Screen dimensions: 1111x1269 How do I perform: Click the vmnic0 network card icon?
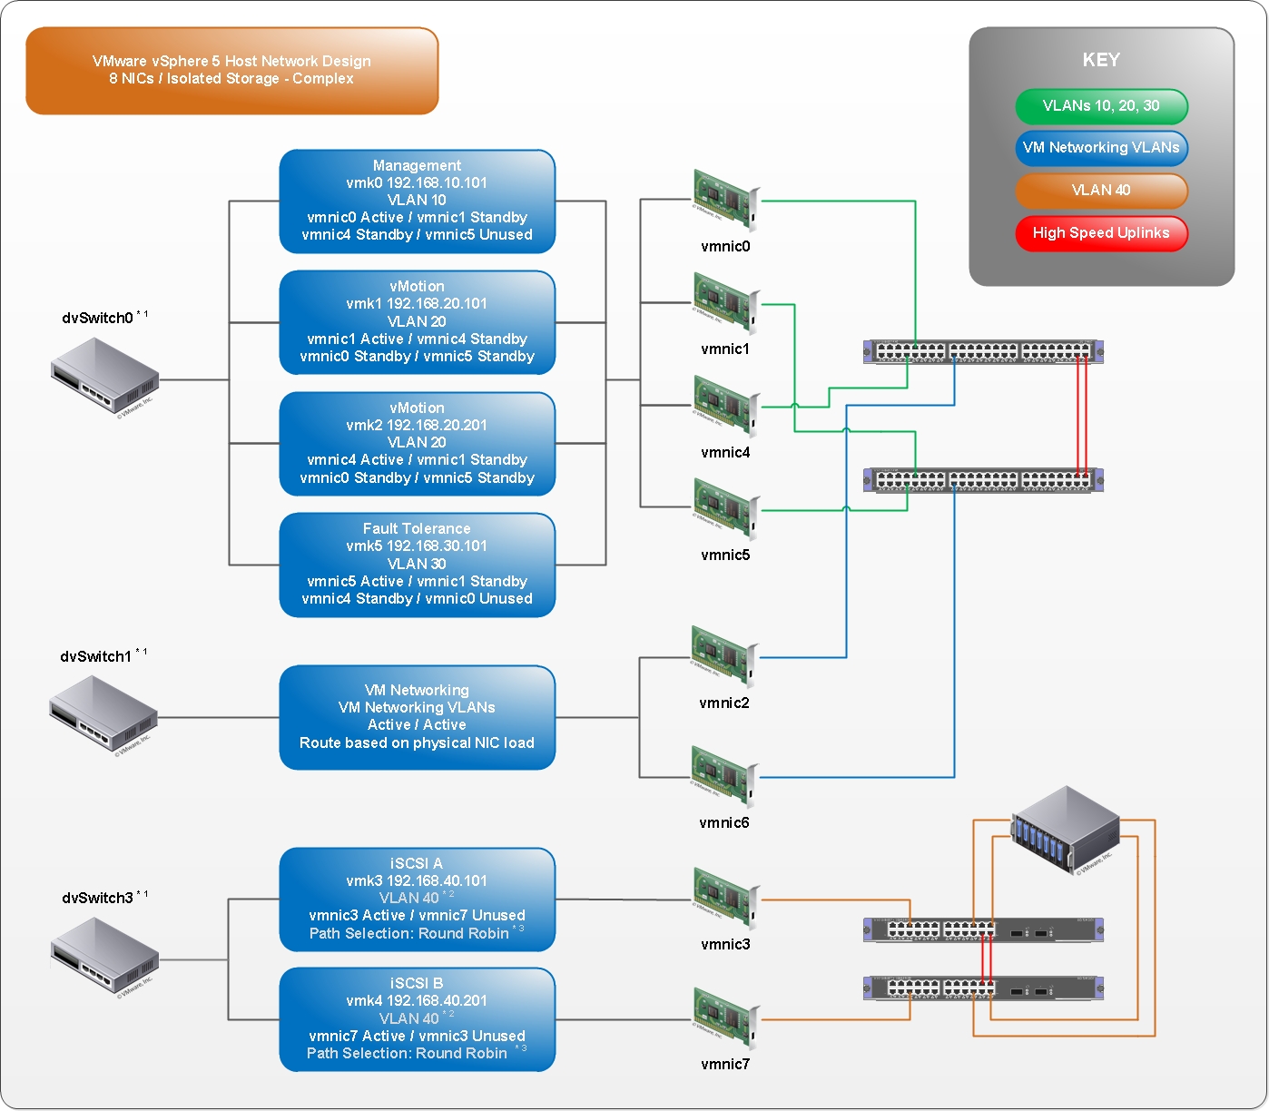pyautogui.click(x=724, y=201)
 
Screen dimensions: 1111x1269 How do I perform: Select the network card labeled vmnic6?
pyautogui.click(x=723, y=776)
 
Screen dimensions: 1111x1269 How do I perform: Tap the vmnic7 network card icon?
pyautogui.click(x=724, y=1018)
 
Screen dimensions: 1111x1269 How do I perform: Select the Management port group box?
pyautogui.click(x=417, y=201)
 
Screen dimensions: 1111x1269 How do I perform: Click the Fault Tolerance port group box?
pyautogui.click(x=417, y=564)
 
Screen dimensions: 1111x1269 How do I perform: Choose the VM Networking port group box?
pyautogui.click(x=417, y=717)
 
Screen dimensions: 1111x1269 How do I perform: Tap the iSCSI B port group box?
pyautogui.click(x=417, y=1018)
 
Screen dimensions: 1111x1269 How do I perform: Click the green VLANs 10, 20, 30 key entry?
pyautogui.click(x=1101, y=106)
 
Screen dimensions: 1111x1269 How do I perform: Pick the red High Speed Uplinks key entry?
pyautogui.click(x=1101, y=233)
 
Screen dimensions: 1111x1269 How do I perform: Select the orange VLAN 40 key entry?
pyautogui.click(x=1101, y=191)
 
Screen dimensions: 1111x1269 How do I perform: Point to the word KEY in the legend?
pyautogui.click(x=1101, y=60)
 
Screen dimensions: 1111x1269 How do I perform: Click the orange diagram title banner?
pyautogui.click(x=231, y=71)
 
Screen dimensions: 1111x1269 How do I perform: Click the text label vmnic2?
pyautogui.click(x=723, y=703)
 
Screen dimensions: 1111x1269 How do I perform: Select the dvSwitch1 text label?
pyautogui.click(x=95, y=656)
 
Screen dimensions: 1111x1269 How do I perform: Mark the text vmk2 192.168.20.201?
pyautogui.click(x=417, y=425)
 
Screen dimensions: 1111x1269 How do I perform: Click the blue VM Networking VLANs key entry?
pyautogui.click(x=1101, y=148)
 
